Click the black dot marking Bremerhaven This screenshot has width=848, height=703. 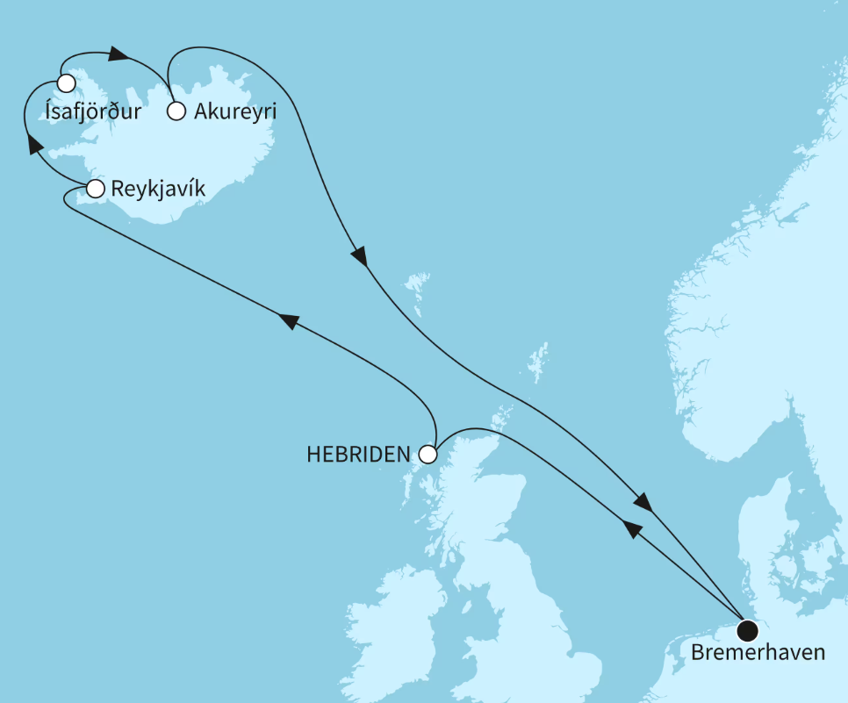748,630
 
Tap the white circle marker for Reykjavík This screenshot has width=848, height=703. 96,188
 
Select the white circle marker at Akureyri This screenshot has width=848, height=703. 176,111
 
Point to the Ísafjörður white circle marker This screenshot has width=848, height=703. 66,83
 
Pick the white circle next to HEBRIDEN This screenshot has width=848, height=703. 428,455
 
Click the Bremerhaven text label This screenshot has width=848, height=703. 758,653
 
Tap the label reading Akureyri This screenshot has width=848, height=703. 235,111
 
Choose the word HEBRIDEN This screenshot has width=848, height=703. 358,455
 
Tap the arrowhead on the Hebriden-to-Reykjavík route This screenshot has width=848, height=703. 289,321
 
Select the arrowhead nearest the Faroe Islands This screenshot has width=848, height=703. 359,255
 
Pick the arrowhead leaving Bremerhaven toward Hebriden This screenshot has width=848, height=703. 631,529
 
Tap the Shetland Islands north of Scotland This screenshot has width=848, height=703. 534,363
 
